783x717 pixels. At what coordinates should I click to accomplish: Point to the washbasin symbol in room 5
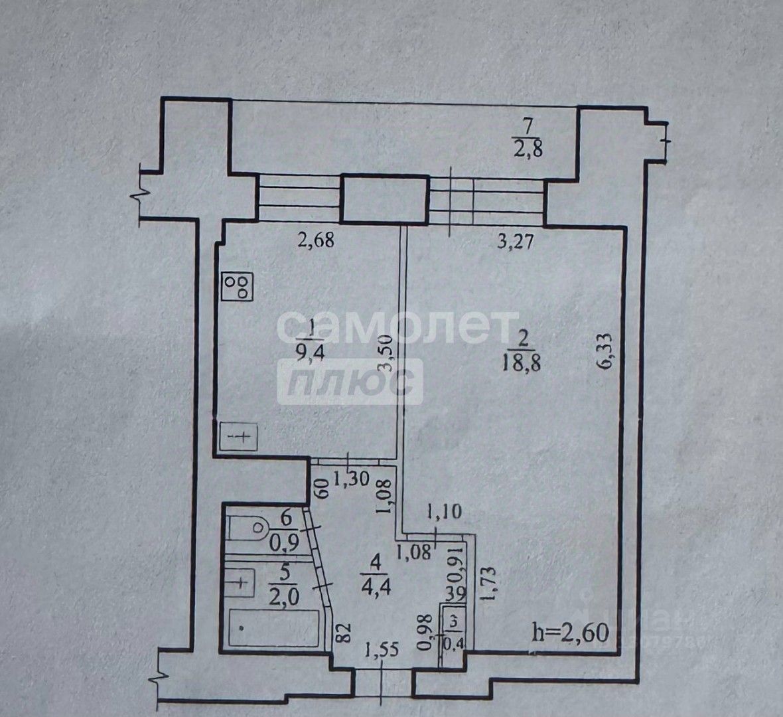[x=240, y=582]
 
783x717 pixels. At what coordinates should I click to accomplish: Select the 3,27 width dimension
[x=516, y=241]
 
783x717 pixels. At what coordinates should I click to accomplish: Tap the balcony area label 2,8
[x=528, y=148]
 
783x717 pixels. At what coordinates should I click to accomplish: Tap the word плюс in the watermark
[x=350, y=381]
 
